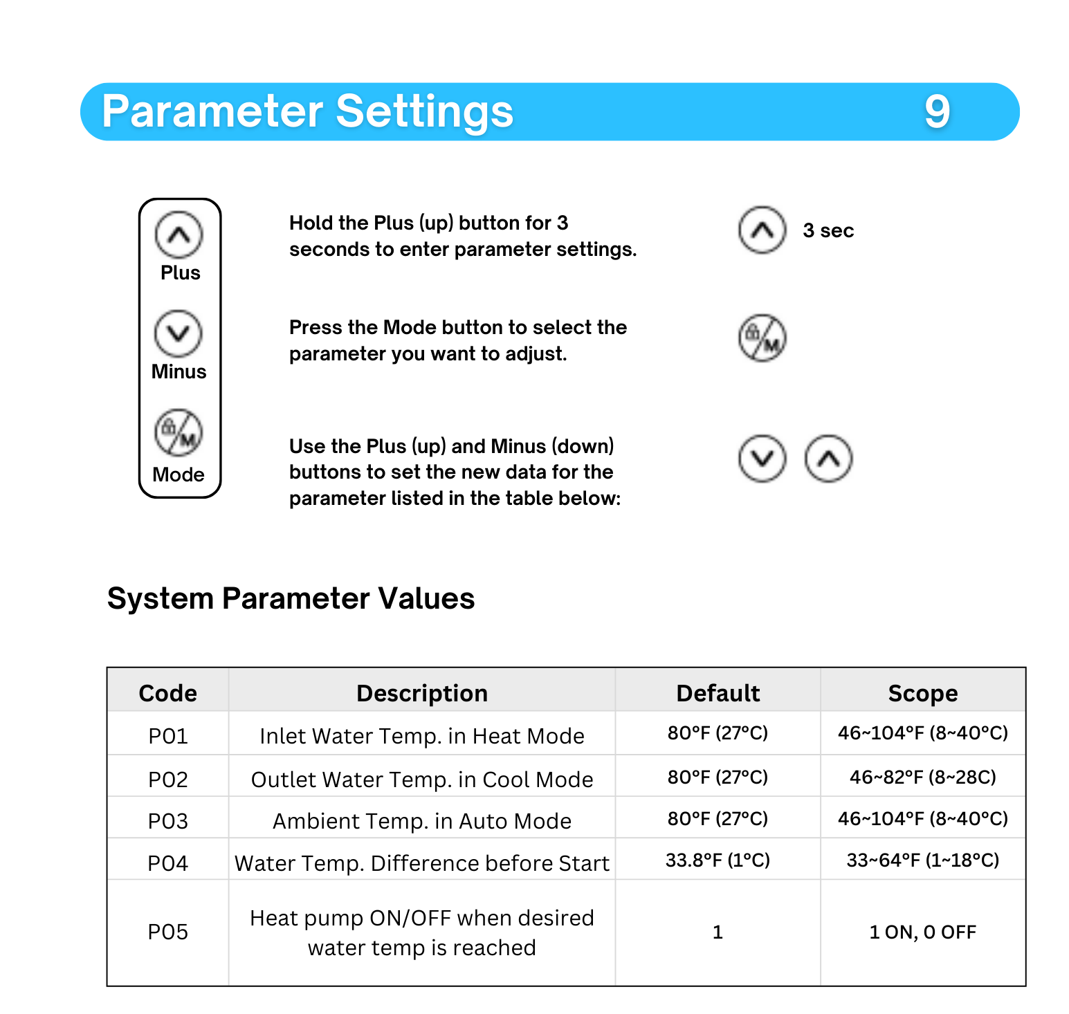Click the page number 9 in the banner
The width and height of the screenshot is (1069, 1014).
pyautogui.click(x=938, y=111)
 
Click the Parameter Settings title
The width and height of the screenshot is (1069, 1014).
pyautogui.click(x=307, y=111)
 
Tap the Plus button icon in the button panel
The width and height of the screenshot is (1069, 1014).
pyautogui.click(x=179, y=234)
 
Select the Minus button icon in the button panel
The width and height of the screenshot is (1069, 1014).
pyautogui.click(x=179, y=333)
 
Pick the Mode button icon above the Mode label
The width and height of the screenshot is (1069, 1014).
pyautogui.click(x=179, y=433)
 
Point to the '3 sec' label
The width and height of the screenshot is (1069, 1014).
pyautogui.click(x=828, y=230)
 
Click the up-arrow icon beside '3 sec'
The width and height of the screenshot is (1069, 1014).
pyautogui.click(x=762, y=230)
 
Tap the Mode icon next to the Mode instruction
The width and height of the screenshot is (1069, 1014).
pyautogui.click(x=762, y=338)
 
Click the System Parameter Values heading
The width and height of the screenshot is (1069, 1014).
pyautogui.click(x=291, y=598)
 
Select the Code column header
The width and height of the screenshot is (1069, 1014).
pyautogui.click(x=167, y=693)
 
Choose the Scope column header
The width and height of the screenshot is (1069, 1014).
pyautogui.click(x=922, y=693)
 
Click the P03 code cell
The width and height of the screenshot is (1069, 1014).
pyautogui.click(x=167, y=821)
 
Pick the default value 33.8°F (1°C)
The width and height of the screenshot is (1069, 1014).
pyautogui.click(x=718, y=860)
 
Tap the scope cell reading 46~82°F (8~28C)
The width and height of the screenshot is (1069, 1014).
pyautogui.click(x=922, y=777)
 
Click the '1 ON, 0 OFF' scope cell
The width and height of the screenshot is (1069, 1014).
pyautogui.click(x=922, y=932)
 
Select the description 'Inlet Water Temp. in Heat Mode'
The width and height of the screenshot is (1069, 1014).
pyautogui.click(x=421, y=736)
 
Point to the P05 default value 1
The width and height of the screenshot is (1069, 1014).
pyautogui.click(x=718, y=932)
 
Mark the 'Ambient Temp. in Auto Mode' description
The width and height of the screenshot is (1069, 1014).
pyautogui.click(x=421, y=821)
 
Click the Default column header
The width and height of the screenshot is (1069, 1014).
pyautogui.click(x=718, y=693)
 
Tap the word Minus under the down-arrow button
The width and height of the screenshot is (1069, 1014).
pyautogui.click(x=179, y=371)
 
